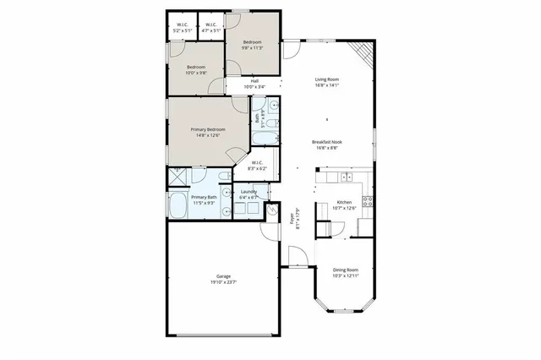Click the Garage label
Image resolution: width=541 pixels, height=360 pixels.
[223, 275]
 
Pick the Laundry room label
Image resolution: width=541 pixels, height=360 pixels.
[249, 192]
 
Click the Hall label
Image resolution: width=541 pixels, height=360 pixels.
[254, 80]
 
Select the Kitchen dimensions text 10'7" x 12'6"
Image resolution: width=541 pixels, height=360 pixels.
[345, 208]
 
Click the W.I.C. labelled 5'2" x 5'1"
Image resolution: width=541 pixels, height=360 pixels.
[182, 31]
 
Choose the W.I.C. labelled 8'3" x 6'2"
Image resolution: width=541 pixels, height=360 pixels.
[257, 169]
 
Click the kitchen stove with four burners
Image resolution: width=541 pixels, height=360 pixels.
[368, 201]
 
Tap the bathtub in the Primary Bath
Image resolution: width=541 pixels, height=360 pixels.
[179, 205]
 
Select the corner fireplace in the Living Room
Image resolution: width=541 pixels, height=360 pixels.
[363, 53]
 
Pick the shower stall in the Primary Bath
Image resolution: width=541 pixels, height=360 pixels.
[178, 177]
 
